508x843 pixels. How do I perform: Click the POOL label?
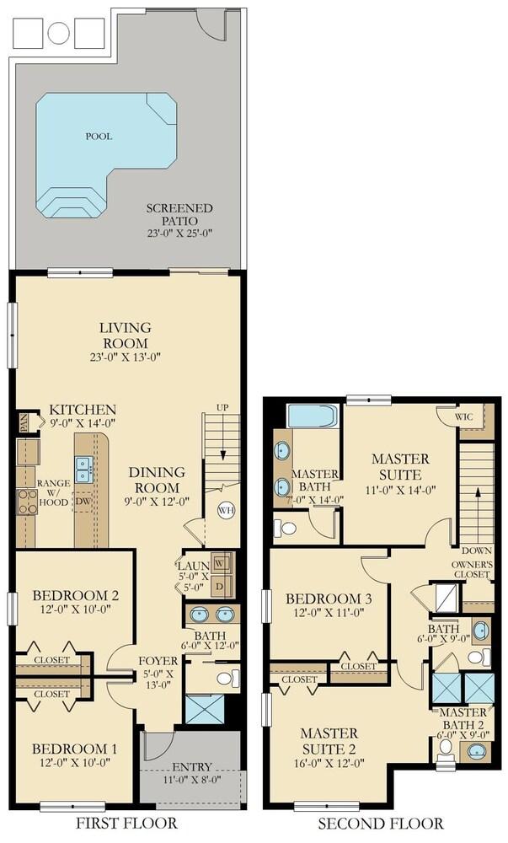99,137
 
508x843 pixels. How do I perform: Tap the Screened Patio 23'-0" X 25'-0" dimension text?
180,234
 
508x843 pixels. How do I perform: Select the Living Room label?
126,335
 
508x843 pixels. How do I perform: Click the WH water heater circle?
226,510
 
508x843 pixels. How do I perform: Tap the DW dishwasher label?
83,501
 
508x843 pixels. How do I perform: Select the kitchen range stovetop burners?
27,501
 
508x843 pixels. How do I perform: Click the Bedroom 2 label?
76,596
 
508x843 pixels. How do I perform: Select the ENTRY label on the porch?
192,767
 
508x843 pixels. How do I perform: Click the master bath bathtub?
313,416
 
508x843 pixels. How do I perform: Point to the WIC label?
464,416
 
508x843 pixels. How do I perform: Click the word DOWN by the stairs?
476,550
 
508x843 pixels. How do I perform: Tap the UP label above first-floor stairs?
222,407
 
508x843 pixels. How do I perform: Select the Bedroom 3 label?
329,599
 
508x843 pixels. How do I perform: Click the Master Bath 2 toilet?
445,749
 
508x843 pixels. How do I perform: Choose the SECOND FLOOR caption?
381,823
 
